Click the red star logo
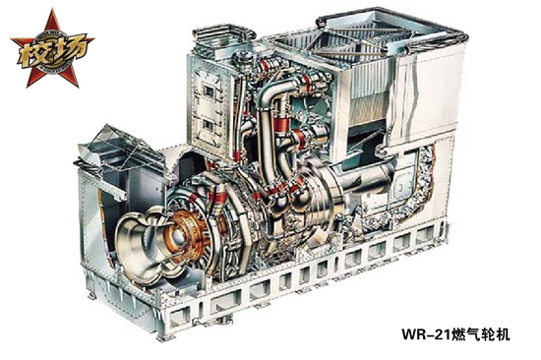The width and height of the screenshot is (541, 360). pos(52,48)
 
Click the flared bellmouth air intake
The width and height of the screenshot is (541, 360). pos(145,242)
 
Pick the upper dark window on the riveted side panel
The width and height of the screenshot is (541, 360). pos(209,91)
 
